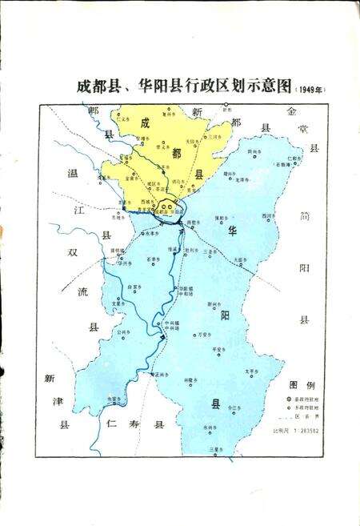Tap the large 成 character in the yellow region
146,123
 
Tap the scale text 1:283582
306,432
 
